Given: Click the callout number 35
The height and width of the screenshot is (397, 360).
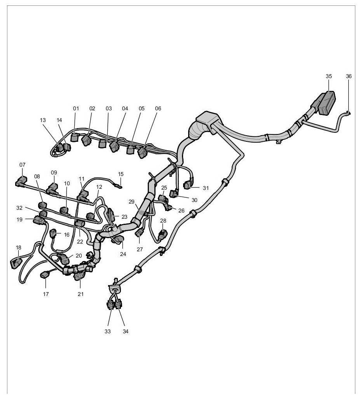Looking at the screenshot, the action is [x=329, y=76].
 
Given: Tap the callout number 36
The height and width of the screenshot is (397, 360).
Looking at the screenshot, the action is [x=349, y=76].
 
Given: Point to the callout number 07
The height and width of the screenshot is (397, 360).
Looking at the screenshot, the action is [x=22, y=165].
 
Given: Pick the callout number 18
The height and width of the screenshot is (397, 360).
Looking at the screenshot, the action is [x=18, y=247].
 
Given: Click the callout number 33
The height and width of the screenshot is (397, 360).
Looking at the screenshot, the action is [x=107, y=331].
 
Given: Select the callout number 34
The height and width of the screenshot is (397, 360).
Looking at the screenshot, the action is [x=125, y=331].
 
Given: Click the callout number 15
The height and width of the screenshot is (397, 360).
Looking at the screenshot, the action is [x=121, y=174].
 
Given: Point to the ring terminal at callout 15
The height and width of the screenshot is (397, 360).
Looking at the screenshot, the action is [x=120, y=187].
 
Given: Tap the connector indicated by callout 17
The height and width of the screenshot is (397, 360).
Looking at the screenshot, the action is [x=45, y=276].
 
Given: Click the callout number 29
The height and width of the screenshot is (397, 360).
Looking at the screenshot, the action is [x=131, y=202].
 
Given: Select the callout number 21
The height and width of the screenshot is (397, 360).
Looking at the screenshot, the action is [x=80, y=294].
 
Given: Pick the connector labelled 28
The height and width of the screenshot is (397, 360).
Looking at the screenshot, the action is [x=163, y=235].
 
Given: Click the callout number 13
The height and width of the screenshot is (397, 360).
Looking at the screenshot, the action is [x=43, y=120].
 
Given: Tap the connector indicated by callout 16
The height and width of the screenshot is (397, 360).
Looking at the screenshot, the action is [x=53, y=234].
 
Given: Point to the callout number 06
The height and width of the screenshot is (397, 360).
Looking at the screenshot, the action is [x=157, y=108].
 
